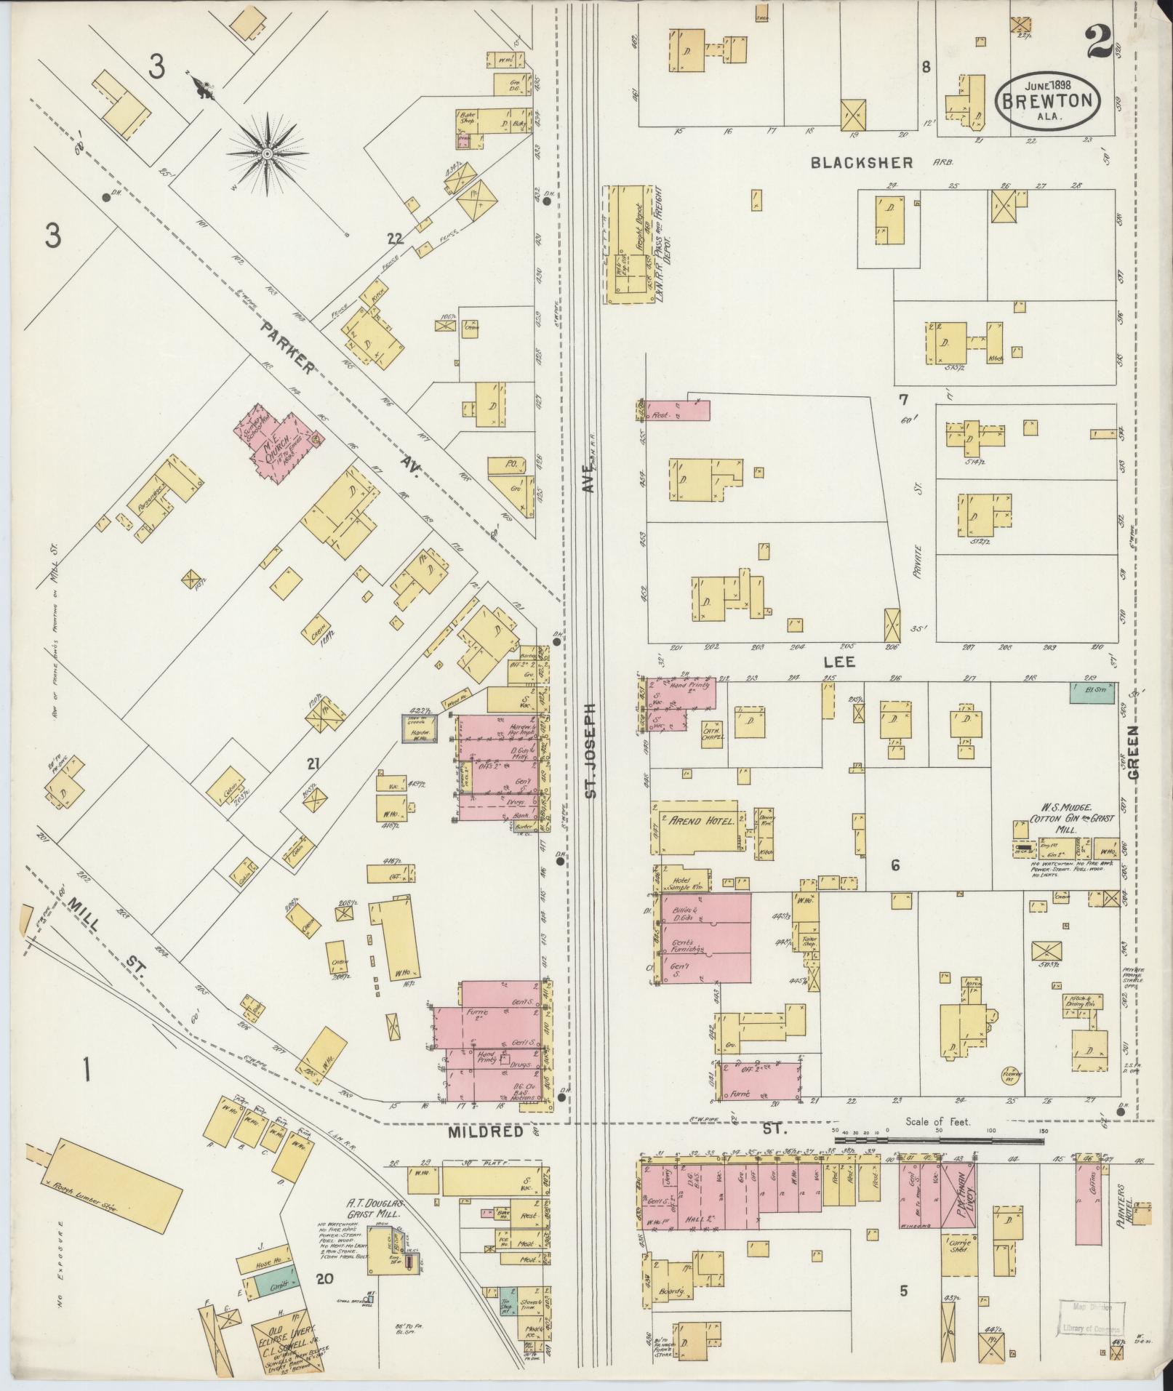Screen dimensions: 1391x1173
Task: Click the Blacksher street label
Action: pos(862,164)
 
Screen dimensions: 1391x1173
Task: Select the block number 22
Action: pos(394,238)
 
